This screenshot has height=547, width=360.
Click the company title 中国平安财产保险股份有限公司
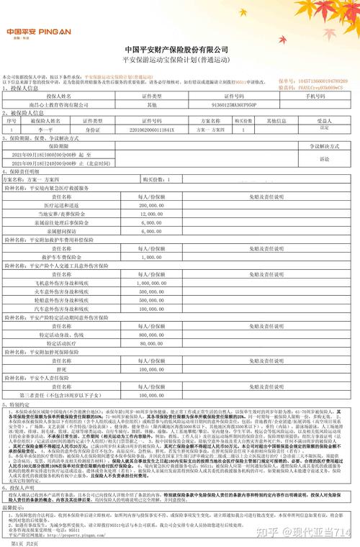coord(181,48)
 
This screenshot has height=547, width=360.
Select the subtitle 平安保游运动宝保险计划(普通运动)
coord(181,59)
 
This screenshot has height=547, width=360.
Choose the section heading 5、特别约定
coord(17,404)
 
